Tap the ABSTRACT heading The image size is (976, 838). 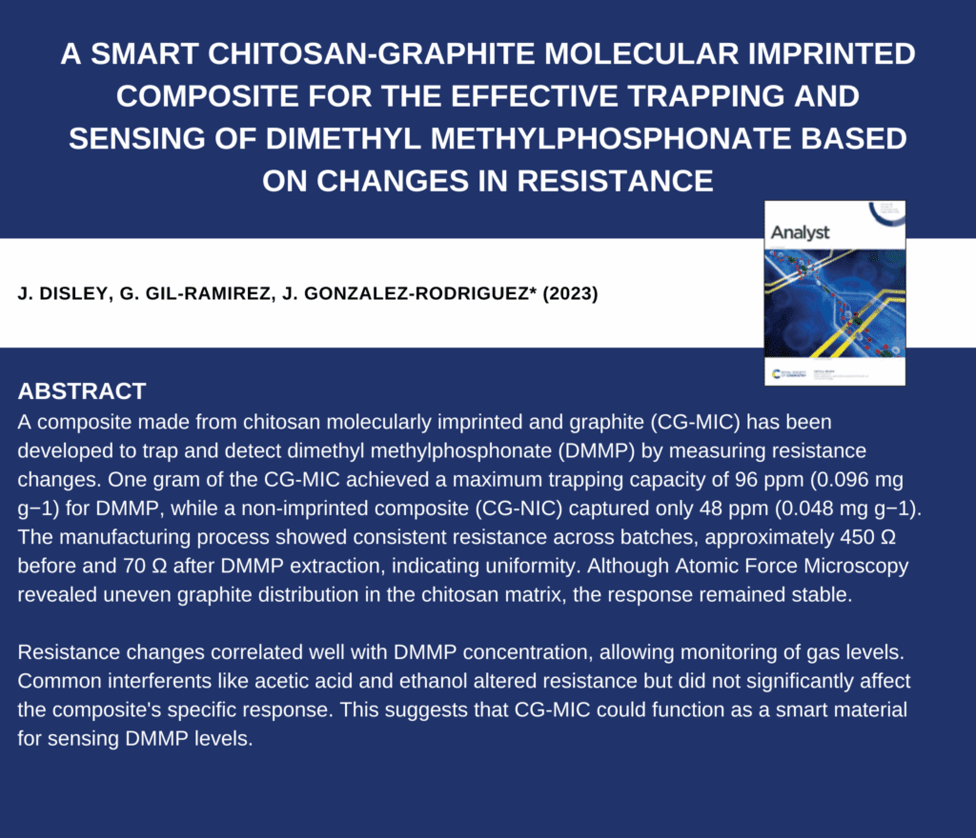coord(82,391)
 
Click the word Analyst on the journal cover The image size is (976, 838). coord(800,232)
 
